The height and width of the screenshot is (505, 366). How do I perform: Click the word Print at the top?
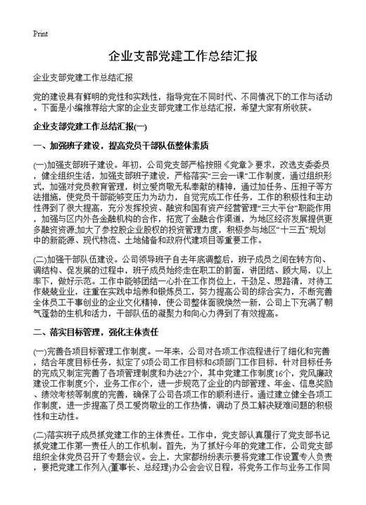point(40,33)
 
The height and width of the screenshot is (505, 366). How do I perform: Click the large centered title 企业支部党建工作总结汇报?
point(183,56)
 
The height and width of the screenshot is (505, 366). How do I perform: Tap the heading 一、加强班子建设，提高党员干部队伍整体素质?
point(120,147)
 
